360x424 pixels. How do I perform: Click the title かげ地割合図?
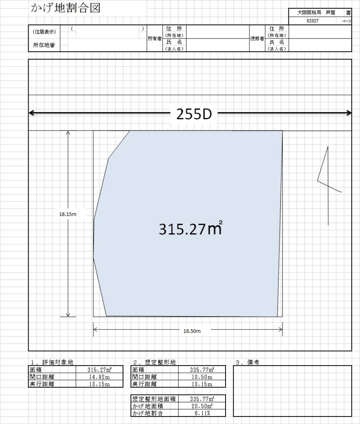click(66, 8)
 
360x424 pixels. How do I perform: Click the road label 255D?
click(194, 114)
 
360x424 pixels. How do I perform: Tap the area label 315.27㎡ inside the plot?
click(191, 229)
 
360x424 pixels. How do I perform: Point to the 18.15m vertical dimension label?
click(68, 214)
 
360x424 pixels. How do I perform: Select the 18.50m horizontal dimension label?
click(192, 331)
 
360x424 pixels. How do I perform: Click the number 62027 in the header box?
click(312, 21)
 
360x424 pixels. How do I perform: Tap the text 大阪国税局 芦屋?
click(316, 13)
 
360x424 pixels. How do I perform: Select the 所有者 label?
click(155, 39)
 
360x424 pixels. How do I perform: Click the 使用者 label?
click(257, 39)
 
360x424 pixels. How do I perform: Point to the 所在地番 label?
click(44, 45)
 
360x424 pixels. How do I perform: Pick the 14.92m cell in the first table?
click(99, 377)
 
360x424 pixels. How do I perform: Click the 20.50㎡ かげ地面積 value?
click(202, 406)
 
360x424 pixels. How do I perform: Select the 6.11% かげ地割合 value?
click(202, 413)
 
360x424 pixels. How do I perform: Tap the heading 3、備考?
click(247, 362)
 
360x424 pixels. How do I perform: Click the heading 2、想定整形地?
click(154, 362)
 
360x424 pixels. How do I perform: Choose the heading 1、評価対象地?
click(52, 362)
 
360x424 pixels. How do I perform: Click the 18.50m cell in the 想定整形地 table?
click(202, 377)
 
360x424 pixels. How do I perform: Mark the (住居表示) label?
click(44, 31)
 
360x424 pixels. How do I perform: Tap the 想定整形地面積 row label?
click(154, 399)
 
